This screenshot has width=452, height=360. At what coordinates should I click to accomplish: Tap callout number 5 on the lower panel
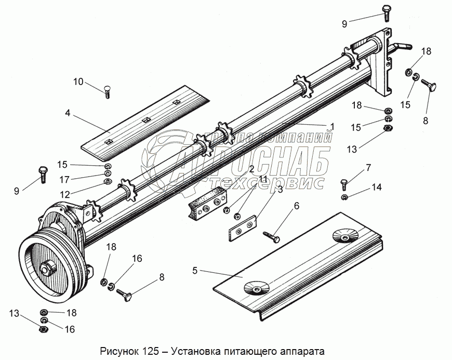[195, 270]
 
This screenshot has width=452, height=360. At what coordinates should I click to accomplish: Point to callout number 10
[78, 82]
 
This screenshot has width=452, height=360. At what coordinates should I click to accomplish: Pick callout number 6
[297, 206]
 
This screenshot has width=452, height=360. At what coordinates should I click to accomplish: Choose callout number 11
[263, 179]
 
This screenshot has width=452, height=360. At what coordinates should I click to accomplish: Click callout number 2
[251, 169]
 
